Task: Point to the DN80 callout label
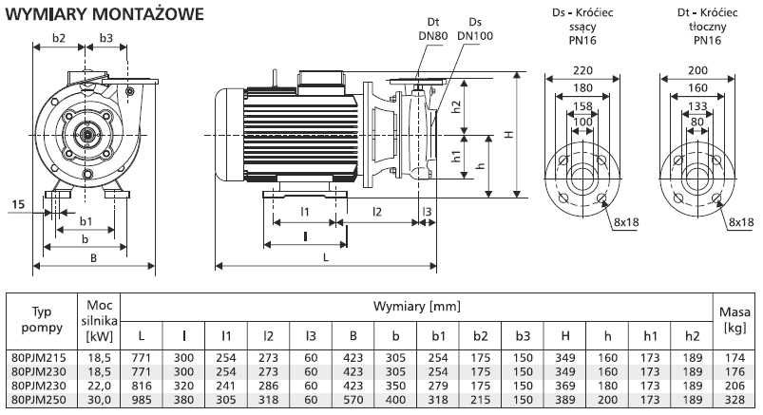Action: coord(432,36)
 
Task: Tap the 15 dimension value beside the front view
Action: coord(19,203)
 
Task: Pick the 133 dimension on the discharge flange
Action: coord(696,105)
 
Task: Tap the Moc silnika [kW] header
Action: coord(100,320)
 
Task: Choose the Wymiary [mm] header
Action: coord(418,307)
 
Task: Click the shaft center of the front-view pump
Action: coord(86,135)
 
